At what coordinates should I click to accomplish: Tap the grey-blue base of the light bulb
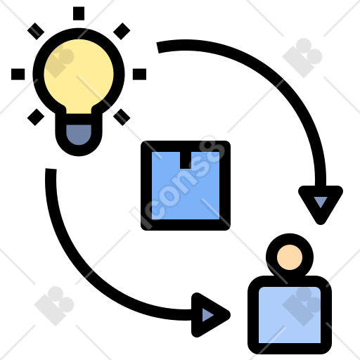pyautogui.click(x=79, y=134)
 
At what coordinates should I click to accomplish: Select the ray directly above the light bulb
pyautogui.click(x=79, y=13)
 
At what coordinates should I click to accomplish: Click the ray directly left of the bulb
pyautogui.click(x=18, y=75)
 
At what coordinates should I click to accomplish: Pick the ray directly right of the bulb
pyautogui.click(x=139, y=75)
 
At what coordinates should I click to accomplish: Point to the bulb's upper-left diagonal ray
pyautogui.click(x=36, y=31)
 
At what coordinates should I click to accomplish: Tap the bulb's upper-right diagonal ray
pyautogui.click(x=122, y=31)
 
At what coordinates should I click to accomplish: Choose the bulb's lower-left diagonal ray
pyautogui.click(x=36, y=117)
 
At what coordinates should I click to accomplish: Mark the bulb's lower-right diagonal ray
pyautogui.click(x=122, y=117)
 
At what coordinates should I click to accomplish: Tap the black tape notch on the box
pyautogui.click(x=186, y=160)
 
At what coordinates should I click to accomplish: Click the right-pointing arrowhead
pyautogui.click(x=210, y=315)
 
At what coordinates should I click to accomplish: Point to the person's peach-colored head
pyautogui.click(x=290, y=257)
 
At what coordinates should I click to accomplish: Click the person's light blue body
pyautogui.click(x=290, y=315)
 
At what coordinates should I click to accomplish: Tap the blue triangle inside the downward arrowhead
pyautogui.click(x=321, y=201)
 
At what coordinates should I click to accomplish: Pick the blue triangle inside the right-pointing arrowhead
pyautogui.click(x=207, y=315)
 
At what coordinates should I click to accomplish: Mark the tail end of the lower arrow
pyautogui.click(x=51, y=169)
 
